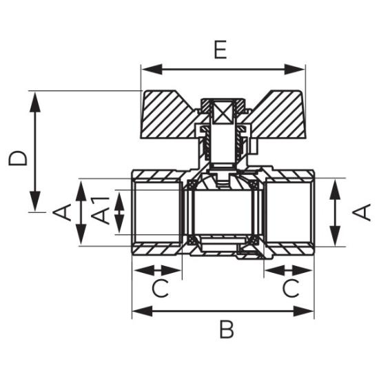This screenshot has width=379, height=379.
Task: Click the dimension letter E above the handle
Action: coord(221,50)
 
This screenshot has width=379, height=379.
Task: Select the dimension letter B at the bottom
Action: coord(227,329)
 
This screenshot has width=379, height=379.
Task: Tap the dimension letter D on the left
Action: coord(17,158)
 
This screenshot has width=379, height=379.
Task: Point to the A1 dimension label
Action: coord(100,210)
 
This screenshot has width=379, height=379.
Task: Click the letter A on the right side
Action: coord(361,212)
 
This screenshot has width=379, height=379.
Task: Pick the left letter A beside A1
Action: coord(61,212)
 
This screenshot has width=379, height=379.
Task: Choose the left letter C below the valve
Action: coord(160,288)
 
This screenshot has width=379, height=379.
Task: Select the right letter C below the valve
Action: coord(291,288)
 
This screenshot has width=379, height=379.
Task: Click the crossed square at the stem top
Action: coord(223,112)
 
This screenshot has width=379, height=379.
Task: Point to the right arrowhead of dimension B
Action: coord(304,311)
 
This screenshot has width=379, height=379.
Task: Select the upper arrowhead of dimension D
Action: coord(35,102)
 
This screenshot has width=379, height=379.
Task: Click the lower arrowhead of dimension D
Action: coord(35,201)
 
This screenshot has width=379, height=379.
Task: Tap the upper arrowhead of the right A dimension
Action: coord(335,189)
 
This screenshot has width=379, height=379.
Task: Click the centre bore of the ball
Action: coord(223,213)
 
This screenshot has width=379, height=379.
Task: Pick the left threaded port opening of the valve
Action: coord(157,213)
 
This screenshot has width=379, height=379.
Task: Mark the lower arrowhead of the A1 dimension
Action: coord(119,224)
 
